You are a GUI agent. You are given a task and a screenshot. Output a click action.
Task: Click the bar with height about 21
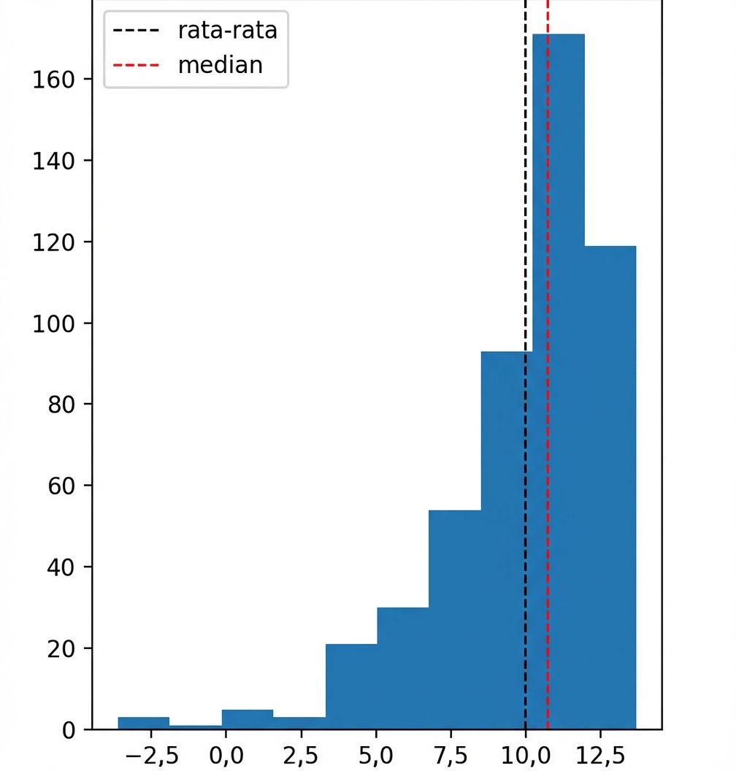[x=350, y=686]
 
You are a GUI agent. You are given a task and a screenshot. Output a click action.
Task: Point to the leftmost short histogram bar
[x=143, y=723]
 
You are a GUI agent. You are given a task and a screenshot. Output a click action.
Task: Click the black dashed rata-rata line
[x=525, y=219]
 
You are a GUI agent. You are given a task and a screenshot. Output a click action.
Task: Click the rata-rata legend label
[x=227, y=31]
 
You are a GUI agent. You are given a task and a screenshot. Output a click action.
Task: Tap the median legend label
[x=220, y=65]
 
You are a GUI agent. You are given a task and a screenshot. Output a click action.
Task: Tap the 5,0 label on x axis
[x=375, y=752]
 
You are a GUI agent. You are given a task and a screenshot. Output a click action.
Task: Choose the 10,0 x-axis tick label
[x=525, y=752]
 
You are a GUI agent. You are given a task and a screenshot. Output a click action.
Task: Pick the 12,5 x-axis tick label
[x=600, y=752]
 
